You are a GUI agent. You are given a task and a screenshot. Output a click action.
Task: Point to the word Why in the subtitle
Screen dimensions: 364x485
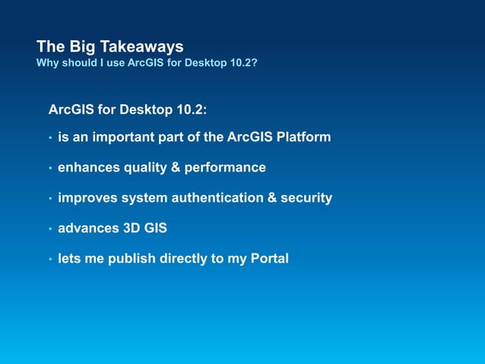coord(46,62)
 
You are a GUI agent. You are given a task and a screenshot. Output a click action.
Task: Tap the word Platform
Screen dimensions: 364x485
coord(303,137)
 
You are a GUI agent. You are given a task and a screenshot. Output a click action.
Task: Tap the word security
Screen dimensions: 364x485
coord(306,198)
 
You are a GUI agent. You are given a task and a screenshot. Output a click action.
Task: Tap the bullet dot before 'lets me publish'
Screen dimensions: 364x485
coord(49,260)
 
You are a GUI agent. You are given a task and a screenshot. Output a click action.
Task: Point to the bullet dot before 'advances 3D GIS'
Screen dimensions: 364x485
coord(49,229)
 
